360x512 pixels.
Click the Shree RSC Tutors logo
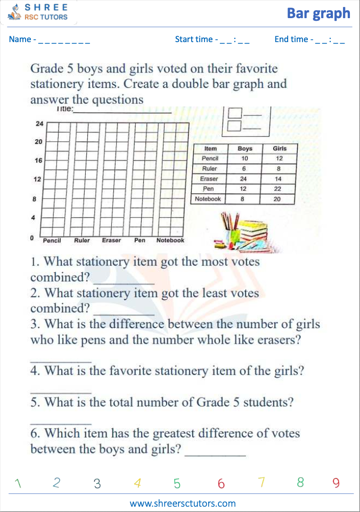tap(39, 12)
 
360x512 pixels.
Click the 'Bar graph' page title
tap(318, 13)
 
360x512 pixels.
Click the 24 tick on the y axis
tap(39, 124)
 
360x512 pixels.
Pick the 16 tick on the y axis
tap(39, 160)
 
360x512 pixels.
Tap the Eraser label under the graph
tap(111, 240)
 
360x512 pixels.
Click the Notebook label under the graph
tap(170, 240)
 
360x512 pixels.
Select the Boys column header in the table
tap(245, 149)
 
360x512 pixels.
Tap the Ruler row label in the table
tap(210, 168)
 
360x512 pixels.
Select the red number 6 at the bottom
tap(221, 484)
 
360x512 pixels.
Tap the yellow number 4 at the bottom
tap(137, 484)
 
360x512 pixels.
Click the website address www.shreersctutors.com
tap(183, 503)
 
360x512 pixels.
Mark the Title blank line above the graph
tap(122, 111)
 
